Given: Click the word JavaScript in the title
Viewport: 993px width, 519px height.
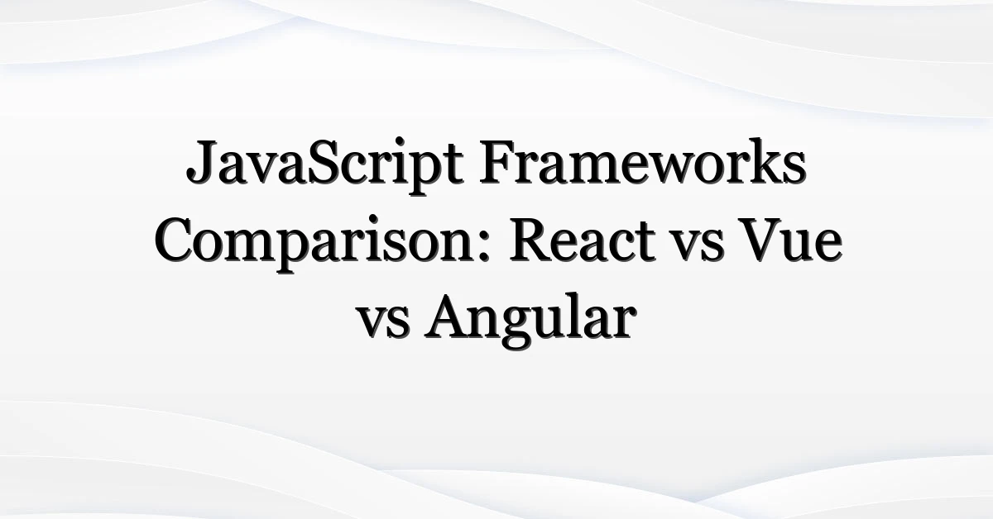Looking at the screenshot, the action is click(x=324, y=164).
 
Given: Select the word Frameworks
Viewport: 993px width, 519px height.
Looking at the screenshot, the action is click(x=643, y=161).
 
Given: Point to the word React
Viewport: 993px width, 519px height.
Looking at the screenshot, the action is click(x=582, y=240).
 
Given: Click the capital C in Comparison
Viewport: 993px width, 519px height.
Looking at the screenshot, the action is click(x=176, y=240).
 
